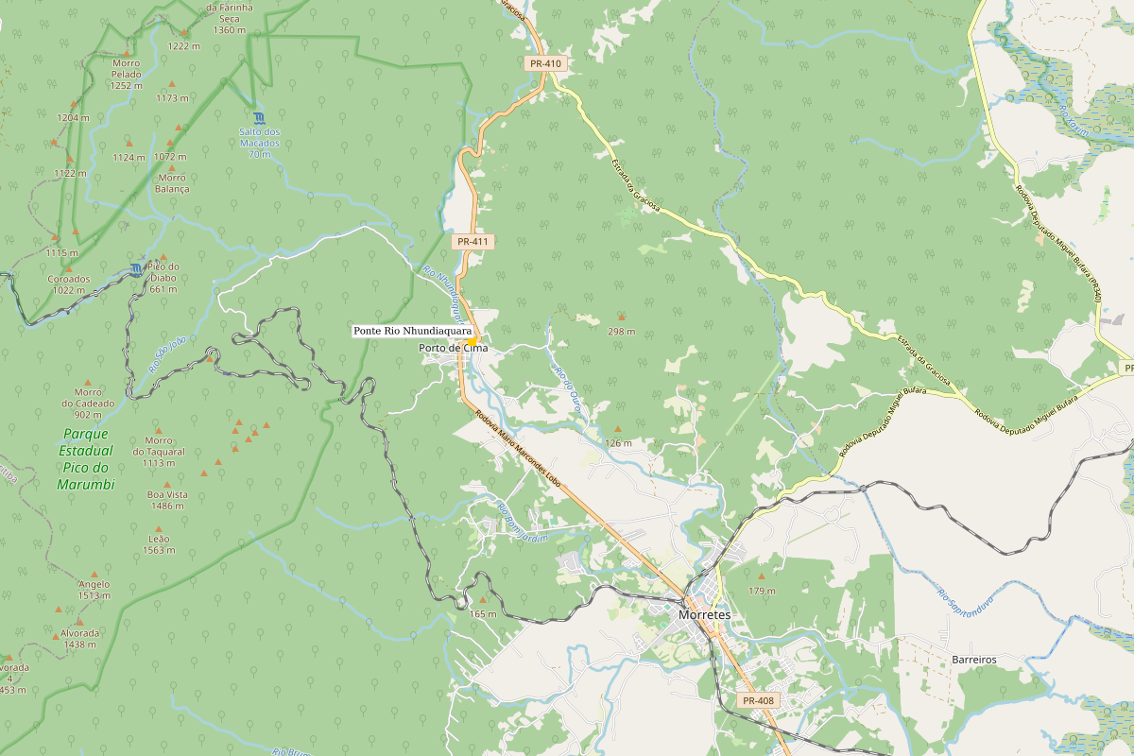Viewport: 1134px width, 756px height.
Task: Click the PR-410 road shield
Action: pos(545,63)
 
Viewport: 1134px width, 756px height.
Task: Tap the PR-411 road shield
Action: pos(472,242)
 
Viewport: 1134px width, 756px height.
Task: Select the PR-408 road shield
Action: pos(758,700)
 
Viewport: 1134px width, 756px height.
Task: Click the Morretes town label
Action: pos(704,614)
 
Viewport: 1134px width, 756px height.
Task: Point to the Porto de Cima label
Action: pos(455,348)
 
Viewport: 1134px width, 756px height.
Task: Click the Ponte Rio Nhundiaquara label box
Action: pos(412,331)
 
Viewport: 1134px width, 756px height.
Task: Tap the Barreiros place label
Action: pos(974,659)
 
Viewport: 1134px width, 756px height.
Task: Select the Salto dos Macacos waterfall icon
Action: pos(259,117)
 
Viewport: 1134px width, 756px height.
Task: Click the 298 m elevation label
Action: pos(621,332)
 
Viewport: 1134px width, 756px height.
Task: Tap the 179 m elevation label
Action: pos(762,590)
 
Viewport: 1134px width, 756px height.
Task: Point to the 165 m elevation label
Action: pos(483,614)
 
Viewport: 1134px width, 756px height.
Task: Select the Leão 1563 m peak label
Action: pos(159,543)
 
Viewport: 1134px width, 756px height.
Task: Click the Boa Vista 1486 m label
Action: pos(167,500)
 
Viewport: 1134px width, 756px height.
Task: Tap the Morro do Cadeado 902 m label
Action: pos(88,403)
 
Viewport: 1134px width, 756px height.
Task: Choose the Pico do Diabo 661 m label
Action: pos(163,277)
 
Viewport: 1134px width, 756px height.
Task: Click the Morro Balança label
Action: pos(172,182)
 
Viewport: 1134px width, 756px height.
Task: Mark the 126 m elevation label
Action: pos(618,443)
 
